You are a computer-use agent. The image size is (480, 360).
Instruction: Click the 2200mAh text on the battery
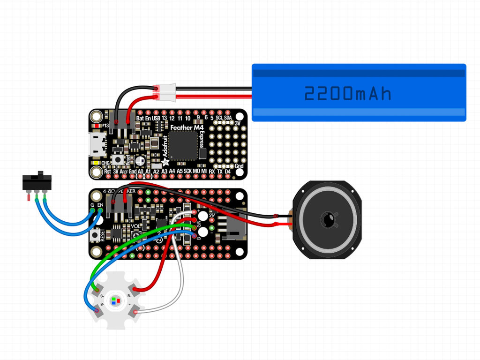pyautogui.click(x=347, y=94)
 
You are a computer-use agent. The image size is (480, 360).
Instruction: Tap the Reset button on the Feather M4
pyautogui.click(x=125, y=159)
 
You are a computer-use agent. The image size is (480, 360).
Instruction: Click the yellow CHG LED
pyautogui.click(x=96, y=163)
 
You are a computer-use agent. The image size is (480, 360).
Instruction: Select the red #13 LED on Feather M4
pyautogui.click(x=97, y=126)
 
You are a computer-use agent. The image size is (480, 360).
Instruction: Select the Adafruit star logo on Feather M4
pyautogui.click(x=164, y=162)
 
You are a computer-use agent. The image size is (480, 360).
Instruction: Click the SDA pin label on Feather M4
pyautogui.click(x=228, y=118)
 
